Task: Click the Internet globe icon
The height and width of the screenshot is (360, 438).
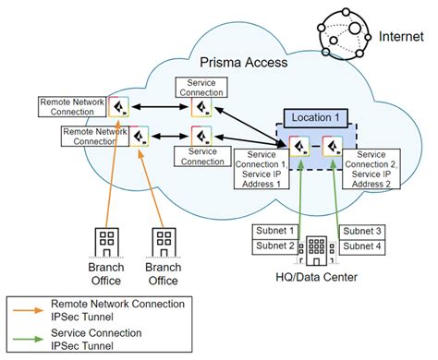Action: (x=344, y=35)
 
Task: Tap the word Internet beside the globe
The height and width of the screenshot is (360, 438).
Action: (x=402, y=36)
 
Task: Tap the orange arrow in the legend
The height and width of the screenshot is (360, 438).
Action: (x=28, y=309)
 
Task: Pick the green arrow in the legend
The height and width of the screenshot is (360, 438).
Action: (x=28, y=338)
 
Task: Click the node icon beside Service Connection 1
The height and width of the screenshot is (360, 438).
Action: (x=298, y=145)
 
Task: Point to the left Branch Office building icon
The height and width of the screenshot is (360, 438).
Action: (x=106, y=243)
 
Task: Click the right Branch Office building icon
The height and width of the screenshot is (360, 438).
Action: (x=164, y=243)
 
